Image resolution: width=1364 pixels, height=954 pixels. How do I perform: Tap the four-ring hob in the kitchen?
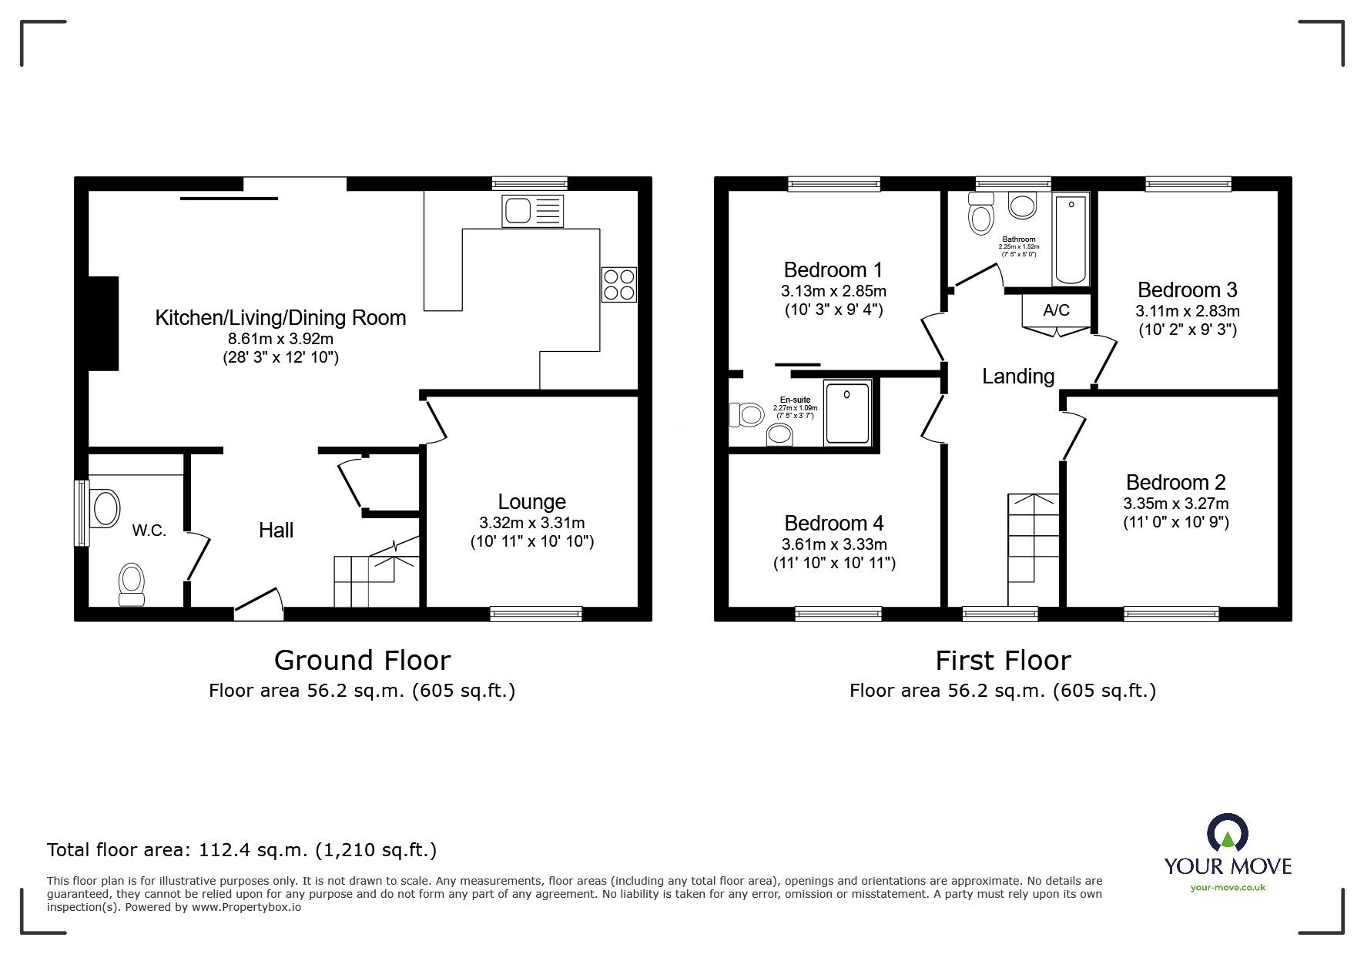coord(618,284)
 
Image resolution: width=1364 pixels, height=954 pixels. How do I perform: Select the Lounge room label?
coord(531,502)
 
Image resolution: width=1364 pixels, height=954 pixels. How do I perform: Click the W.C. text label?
coord(149,531)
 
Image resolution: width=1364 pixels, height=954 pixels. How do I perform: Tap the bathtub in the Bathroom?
coord(1071,240)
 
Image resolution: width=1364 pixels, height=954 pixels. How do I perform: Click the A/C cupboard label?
coord(1056,310)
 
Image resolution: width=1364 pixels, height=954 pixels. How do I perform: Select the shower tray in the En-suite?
coord(847,412)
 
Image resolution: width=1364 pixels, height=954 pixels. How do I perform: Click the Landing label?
coord(1017,376)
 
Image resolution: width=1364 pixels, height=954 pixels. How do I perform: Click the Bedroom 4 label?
coord(833,524)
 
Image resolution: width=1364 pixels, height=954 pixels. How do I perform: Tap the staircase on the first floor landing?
coord(1033,547)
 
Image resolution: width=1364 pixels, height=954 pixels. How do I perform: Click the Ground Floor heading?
coord(362,661)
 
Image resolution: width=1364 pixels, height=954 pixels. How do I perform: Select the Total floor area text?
coord(242,850)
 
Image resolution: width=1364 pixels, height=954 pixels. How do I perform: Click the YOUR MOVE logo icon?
coord(1227,835)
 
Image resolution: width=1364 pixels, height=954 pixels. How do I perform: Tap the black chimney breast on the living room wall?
coord(104,323)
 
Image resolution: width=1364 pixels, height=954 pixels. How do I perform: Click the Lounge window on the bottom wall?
coord(536,614)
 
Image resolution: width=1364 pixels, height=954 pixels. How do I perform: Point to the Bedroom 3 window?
coord(1187,183)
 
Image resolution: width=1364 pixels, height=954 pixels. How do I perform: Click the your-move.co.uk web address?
coord(1228,888)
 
